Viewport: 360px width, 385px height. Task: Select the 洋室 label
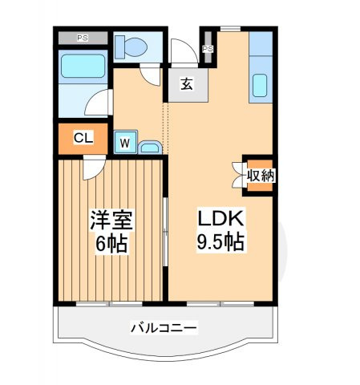point(111,220)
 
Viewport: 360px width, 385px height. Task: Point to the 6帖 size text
point(111,242)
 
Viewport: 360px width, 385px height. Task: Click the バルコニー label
point(164,328)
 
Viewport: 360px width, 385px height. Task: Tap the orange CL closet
point(83,138)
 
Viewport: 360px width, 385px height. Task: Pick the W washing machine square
point(125,142)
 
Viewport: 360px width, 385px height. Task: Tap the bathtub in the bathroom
point(83,66)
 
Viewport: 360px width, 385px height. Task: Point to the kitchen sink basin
point(260,84)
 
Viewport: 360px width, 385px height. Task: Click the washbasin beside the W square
point(148,147)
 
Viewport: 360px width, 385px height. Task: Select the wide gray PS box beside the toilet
point(83,38)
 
